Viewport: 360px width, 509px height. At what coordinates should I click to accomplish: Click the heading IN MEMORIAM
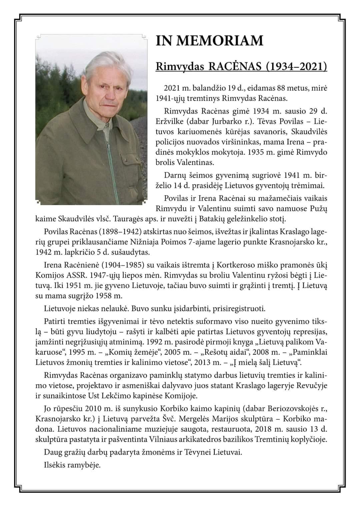coord(209,41)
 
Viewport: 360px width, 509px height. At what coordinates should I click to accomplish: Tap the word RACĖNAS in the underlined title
coord(233,66)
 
